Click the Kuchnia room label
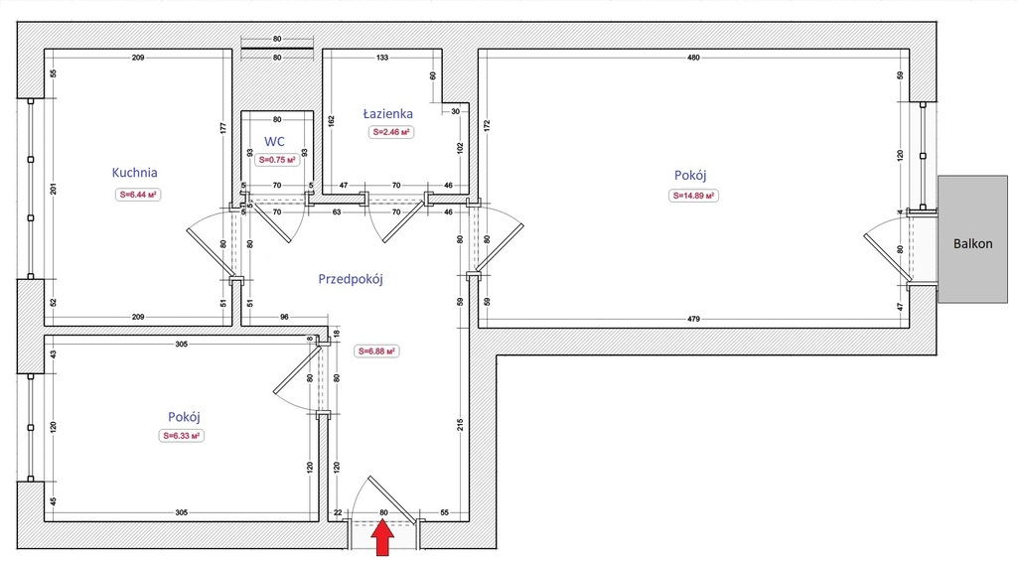click(134, 173)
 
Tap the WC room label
click(274, 142)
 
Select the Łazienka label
click(388, 113)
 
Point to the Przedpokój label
click(351, 280)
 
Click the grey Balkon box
click(973, 239)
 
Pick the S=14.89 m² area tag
click(693, 196)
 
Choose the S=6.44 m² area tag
click(138, 194)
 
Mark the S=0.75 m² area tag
click(277, 160)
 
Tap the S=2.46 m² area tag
click(391, 132)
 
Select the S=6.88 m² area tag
click(376, 351)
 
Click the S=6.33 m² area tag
click(182, 436)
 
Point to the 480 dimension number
click(693, 58)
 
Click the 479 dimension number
click(693, 319)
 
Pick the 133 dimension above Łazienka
click(382, 58)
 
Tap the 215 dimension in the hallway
click(460, 425)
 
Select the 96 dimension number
click(284, 317)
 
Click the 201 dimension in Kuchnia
click(54, 189)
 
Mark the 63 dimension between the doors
click(337, 212)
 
